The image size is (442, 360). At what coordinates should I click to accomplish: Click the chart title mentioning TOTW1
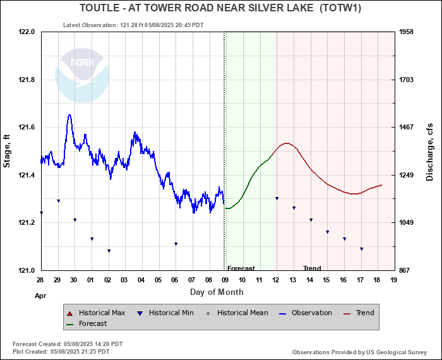pyautogui.click(x=220, y=8)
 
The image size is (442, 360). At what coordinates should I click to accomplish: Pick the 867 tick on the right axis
pyautogui.click(x=407, y=270)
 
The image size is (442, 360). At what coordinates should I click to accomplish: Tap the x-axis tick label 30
pyautogui.click(x=74, y=280)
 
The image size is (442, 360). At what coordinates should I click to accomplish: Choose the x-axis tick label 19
pyautogui.click(x=393, y=280)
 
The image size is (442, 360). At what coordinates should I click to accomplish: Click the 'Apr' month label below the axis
pyautogui.click(x=40, y=295)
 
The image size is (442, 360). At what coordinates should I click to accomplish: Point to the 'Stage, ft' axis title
pyautogui.click(x=7, y=151)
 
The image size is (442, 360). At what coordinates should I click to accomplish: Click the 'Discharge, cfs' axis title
pyautogui.click(x=430, y=151)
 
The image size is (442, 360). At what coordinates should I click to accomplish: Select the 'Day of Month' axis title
pyautogui.click(x=217, y=292)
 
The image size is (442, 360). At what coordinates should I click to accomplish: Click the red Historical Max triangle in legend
pyautogui.click(x=69, y=313)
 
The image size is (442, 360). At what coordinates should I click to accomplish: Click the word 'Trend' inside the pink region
pyautogui.click(x=312, y=268)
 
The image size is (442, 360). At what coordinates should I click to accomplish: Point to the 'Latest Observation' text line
pyautogui.click(x=133, y=25)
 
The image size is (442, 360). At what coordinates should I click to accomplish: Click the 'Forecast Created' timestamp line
pyautogui.click(x=68, y=344)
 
